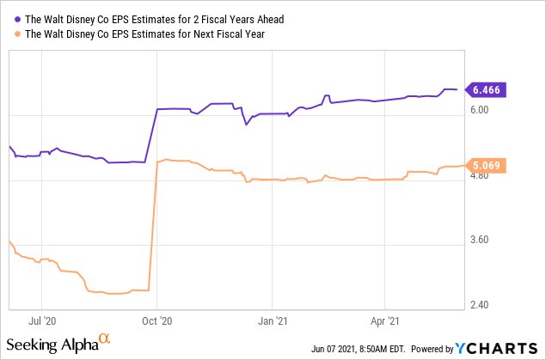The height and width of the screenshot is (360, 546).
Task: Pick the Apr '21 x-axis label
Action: coord(383,321)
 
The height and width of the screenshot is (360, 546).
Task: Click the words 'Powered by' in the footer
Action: coord(432,349)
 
